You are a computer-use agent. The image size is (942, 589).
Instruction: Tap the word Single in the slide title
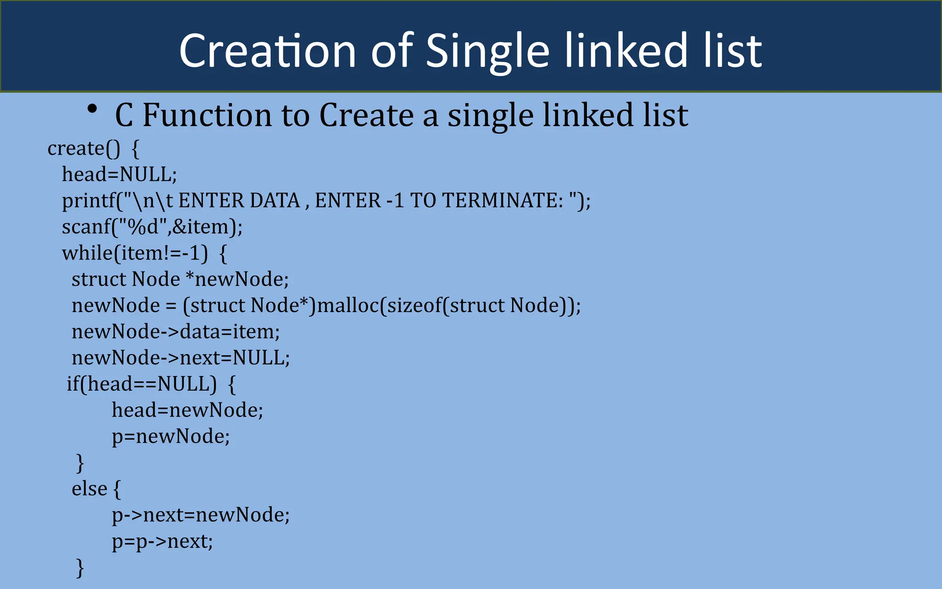(488, 52)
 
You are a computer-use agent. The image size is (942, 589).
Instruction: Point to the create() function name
(84, 149)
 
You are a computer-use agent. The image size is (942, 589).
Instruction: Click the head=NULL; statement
(119, 174)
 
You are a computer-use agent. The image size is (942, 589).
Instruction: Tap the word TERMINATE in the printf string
(503, 201)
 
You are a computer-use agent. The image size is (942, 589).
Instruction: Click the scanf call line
(152, 227)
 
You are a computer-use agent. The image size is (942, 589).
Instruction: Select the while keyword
(88, 253)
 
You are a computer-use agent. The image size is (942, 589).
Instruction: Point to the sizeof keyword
(414, 306)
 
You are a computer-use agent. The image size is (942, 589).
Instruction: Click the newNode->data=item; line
(176, 332)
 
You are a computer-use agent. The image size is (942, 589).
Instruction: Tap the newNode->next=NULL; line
(181, 358)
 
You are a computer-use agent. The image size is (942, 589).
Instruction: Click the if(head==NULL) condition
(142, 384)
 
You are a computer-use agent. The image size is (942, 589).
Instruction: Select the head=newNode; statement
(187, 410)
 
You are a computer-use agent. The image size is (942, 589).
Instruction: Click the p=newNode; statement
(171, 436)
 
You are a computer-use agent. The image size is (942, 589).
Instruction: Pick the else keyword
(89, 489)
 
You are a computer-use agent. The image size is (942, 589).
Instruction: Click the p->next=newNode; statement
(201, 515)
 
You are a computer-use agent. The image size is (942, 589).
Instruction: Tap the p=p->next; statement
(162, 542)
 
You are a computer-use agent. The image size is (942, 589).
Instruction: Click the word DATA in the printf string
(275, 201)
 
